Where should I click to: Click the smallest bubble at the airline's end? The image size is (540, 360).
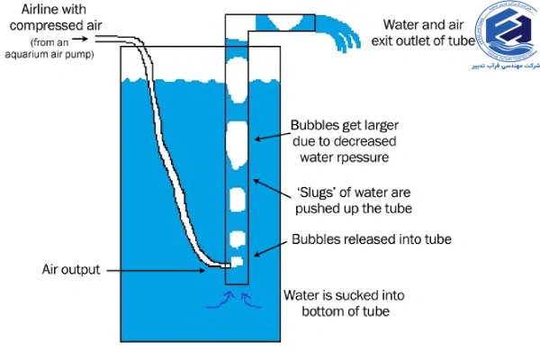[238, 262]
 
